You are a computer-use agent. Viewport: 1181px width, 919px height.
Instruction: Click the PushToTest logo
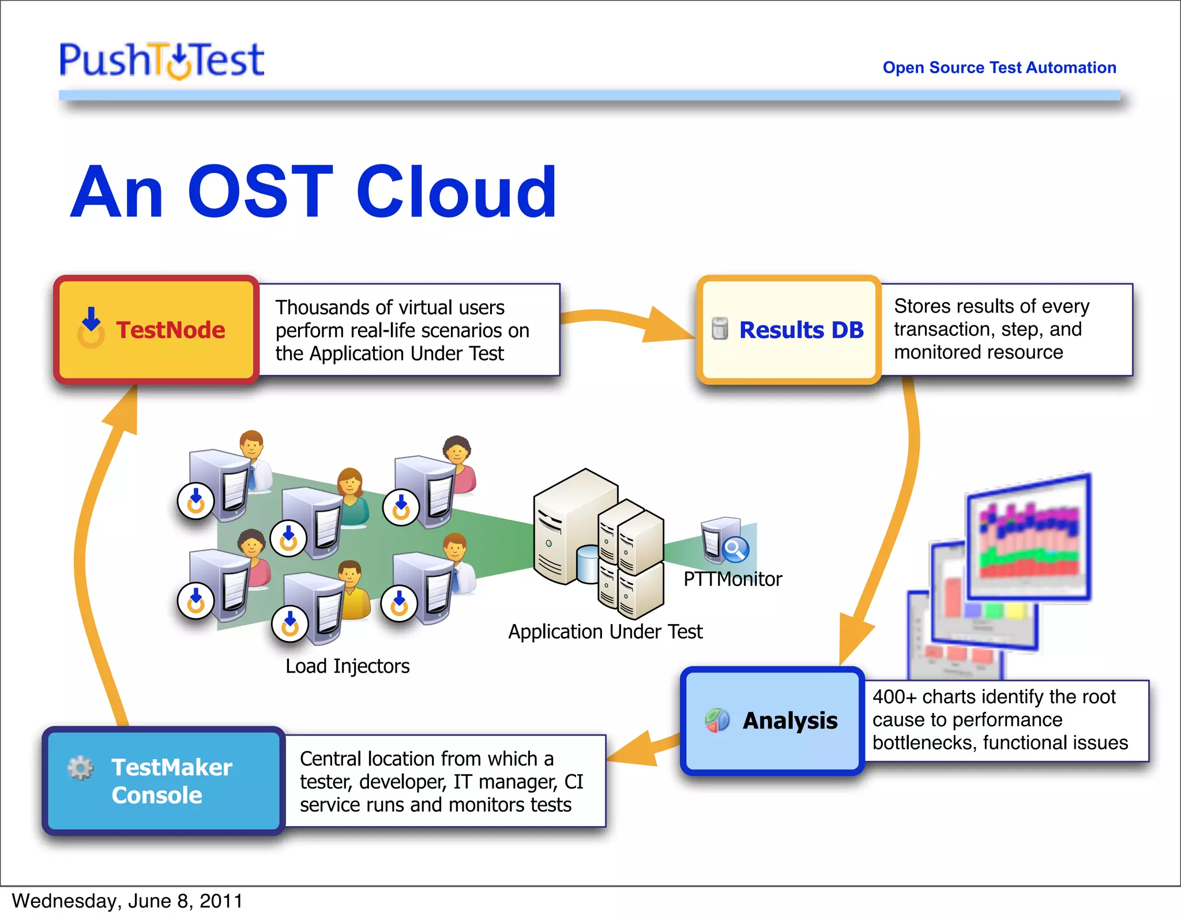pyautogui.click(x=161, y=60)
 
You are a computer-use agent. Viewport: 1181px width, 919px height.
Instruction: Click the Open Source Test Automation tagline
pyautogui.click(x=999, y=67)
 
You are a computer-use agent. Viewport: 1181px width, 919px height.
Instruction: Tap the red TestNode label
pyautogui.click(x=170, y=330)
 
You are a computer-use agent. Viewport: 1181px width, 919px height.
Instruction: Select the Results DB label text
pyautogui.click(x=801, y=330)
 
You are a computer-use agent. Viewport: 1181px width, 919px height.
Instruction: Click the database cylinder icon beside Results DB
pyautogui.click(x=719, y=328)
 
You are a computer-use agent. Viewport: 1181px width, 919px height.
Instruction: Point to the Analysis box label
pyautogui.click(x=789, y=721)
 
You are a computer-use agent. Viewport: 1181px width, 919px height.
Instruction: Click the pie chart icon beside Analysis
pyautogui.click(x=717, y=720)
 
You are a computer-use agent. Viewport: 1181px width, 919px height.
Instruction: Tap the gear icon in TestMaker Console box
pyautogui.click(x=80, y=767)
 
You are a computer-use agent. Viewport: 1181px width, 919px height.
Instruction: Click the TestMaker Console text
pyautogui.click(x=171, y=781)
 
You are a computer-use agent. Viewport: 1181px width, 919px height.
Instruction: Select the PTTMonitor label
pyautogui.click(x=732, y=579)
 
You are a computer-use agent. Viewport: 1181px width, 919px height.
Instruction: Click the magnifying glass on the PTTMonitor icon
pyautogui.click(x=735, y=549)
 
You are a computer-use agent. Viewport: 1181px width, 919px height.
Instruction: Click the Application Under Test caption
pyautogui.click(x=605, y=632)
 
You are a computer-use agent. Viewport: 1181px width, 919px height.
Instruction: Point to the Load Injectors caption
pyautogui.click(x=347, y=666)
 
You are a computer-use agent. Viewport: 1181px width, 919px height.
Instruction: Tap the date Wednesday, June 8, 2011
pyautogui.click(x=127, y=901)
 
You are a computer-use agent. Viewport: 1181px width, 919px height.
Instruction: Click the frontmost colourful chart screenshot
pyautogui.click(x=1029, y=537)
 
